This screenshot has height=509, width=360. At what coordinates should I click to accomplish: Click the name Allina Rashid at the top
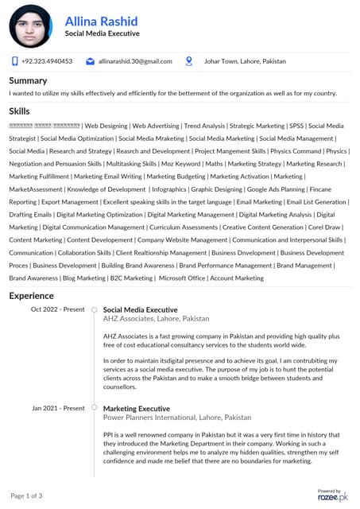click(x=101, y=21)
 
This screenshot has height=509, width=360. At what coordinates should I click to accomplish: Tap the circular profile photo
click(x=30, y=25)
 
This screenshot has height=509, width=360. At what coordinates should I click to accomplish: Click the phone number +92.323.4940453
click(x=47, y=61)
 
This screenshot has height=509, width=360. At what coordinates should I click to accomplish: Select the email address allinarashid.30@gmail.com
click(x=135, y=61)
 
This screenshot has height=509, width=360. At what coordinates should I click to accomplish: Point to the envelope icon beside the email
click(x=91, y=61)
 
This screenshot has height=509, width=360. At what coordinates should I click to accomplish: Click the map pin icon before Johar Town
click(x=189, y=60)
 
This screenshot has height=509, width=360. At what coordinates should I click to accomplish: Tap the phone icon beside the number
click(x=14, y=61)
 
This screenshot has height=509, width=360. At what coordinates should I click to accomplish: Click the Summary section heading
click(x=28, y=80)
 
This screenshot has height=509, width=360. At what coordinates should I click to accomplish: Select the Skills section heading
click(x=20, y=111)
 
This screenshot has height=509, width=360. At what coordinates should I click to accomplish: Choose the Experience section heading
click(x=32, y=295)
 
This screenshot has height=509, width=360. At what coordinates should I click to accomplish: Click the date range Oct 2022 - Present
click(x=57, y=309)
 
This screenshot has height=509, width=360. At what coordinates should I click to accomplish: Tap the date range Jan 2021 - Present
click(x=58, y=408)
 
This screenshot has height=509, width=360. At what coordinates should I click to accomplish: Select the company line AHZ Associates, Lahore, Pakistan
click(x=156, y=318)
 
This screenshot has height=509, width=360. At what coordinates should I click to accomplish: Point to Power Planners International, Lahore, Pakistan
click(x=176, y=417)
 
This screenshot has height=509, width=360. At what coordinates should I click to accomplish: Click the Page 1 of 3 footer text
click(x=26, y=495)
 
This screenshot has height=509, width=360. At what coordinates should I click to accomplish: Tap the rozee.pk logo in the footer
click(x=332, y=495)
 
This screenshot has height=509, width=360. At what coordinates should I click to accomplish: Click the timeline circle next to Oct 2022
click(x=94, y=309)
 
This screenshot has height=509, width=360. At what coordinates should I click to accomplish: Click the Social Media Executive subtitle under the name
click(x=102, y=34)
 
